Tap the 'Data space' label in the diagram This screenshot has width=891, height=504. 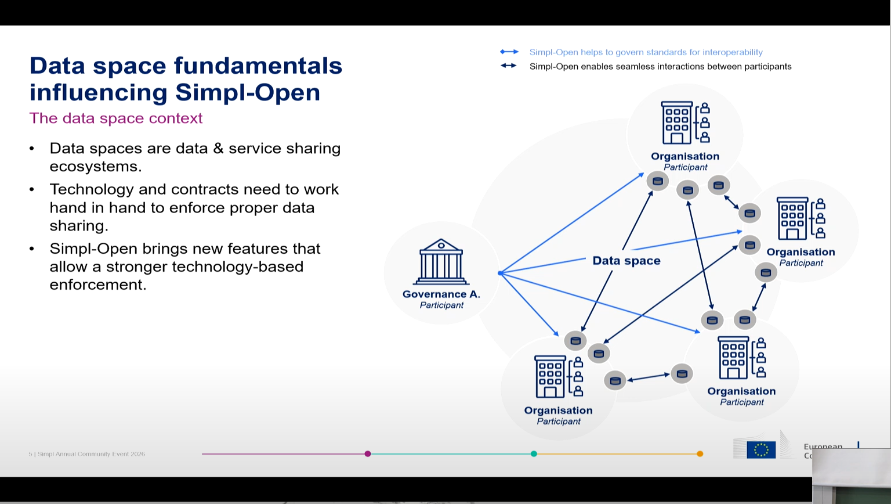(x=626, y=261)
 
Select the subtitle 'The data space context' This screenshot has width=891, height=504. (x=116, y=118)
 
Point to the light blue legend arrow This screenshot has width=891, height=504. (x=509, y=52)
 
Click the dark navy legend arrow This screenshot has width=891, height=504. (x=509, y=66)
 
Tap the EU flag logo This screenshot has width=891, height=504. (x=761, y=449)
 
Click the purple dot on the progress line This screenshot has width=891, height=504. (x=368, y=453)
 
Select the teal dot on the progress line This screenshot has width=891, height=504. (x=534, y=453)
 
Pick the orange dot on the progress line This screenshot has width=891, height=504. (x=700, y=453)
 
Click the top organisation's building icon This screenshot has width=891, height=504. (x=677, y=123)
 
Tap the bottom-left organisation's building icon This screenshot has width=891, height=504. (x=550, y=376)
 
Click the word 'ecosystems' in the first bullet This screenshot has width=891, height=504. (x=95, y=167)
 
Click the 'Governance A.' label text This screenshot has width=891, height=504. (x=441, y=294)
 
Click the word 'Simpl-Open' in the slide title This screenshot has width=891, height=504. (x=248, y=92)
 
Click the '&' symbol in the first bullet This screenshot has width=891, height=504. (x=218, y=149)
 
